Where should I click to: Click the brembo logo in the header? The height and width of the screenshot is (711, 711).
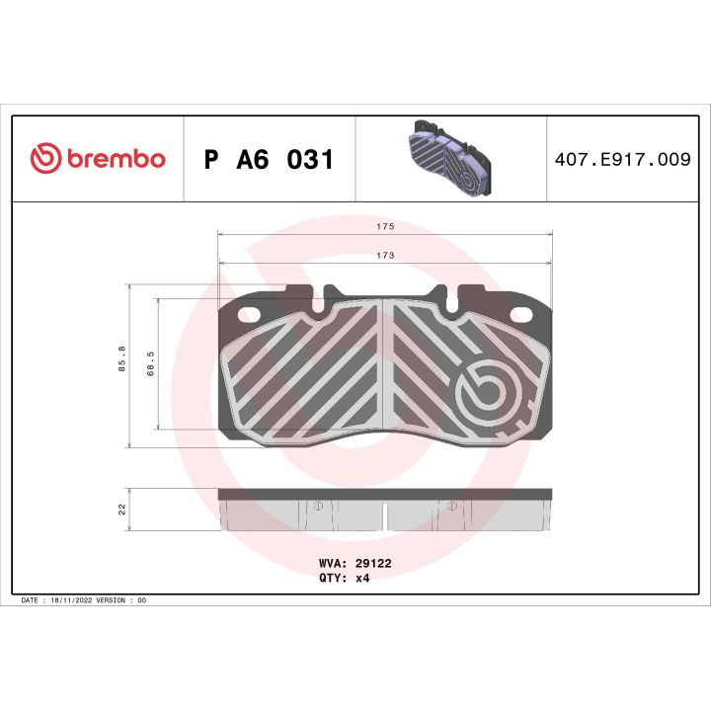(x=97, y=159)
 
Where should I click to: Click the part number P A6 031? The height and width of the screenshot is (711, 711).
(x=269, y=160)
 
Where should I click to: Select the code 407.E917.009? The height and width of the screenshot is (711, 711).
(x=624, y=160)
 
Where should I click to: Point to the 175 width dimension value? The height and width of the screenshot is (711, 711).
(x=385, y=227)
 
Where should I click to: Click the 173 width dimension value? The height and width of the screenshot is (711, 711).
(x=385, y=255)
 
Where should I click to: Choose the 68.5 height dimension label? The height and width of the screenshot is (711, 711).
(x=149, y=363)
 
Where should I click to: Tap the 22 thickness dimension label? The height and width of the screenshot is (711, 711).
(x=121, y=510)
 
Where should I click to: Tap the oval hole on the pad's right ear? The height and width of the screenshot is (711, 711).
(x=520, y=316)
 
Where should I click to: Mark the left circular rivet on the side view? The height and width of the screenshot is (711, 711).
(x=318, y=506)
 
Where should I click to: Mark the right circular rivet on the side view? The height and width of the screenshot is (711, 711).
(x=451, y=506)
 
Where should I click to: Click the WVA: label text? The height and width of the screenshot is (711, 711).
(x=331, y=562)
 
